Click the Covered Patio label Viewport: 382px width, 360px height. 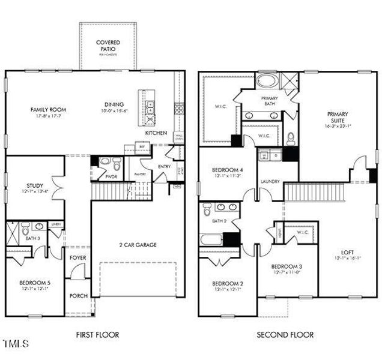coord(109,46)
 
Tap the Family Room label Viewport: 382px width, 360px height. coord(49,110)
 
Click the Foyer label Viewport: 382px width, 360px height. coord(77,257)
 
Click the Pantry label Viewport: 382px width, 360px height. coord(141,174)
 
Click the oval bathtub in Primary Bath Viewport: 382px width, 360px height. coord(268,81)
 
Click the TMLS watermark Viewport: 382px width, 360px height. coord(16,344)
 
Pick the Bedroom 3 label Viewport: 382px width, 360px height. coord(286,266)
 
